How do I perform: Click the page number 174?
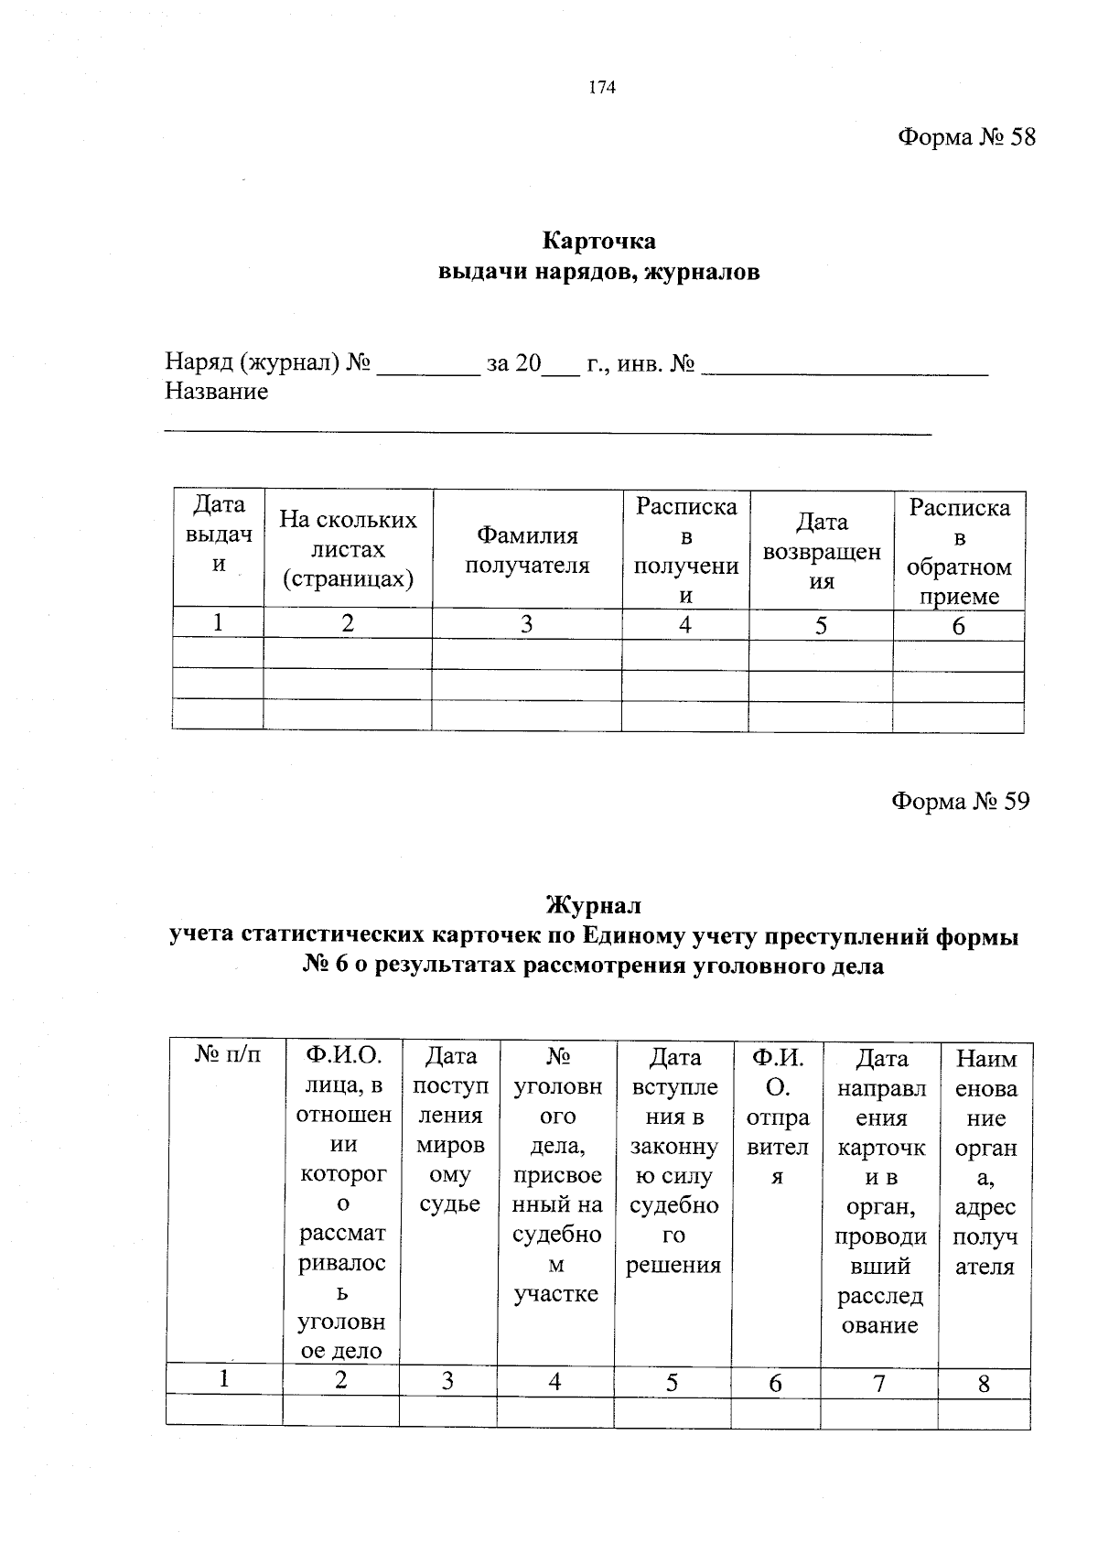click(x=602, y=88)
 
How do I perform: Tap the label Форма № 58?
click(x=966, y=137)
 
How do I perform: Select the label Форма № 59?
click(x=960, y=801)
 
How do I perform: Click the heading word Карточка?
click(x=599, y=241)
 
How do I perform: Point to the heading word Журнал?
click(x=594, y=905)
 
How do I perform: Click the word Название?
click(x=217, y=392)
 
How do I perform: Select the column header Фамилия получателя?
click(x=527, y=550)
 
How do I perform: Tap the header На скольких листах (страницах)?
click(x=348, y=549)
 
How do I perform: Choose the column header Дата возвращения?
click(x=821, y=550)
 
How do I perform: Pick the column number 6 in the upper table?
click(x=958, y=626)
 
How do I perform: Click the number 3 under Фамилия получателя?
click(x=526, y=625)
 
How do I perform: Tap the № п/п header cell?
click(x=227, y=1055)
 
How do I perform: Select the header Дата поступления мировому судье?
click(x=449, y=1130)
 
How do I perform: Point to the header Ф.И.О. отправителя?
click(x=777, y=1117)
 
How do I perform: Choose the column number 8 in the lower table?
click(x=984, y=1383)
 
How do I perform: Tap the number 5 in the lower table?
click(x=672, y=1382)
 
